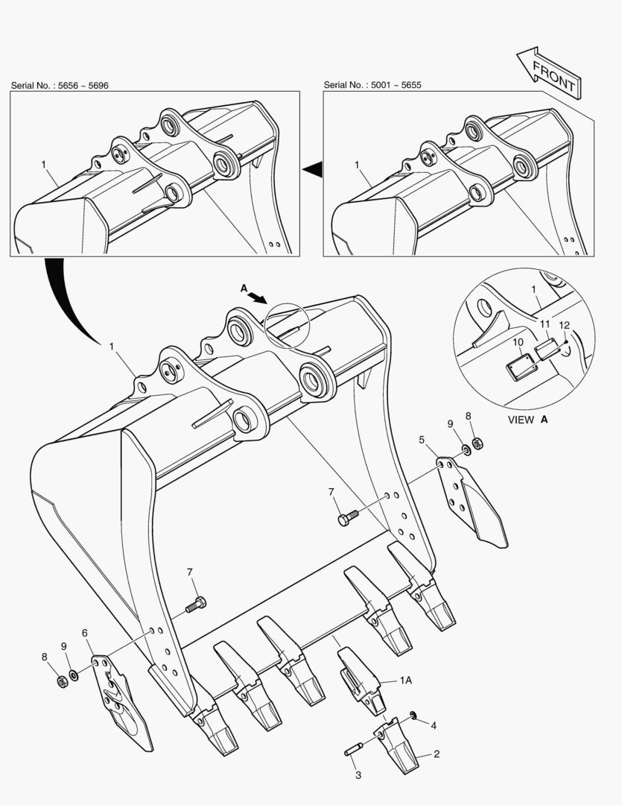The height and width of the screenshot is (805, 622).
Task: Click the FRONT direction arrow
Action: click(x=548, y=73)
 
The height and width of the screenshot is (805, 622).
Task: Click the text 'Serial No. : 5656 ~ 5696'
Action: click(x=60, y=86)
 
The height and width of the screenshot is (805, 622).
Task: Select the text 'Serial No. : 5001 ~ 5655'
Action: click(x=372, y=85)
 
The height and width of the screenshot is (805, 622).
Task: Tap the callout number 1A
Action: click(x=405, y=681)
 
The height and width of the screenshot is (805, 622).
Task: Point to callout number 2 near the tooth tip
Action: click(x=437, y=754)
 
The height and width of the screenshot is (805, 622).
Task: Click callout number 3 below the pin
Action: click(x=358, y=775)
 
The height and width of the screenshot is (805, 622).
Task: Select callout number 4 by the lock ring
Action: click(x=434, y=725)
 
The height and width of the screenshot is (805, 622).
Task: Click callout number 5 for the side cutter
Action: click(x=422, y=440)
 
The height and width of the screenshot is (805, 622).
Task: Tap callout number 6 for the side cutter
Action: click(x=85, y=633)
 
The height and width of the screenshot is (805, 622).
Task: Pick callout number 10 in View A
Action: click(x=518, y=342)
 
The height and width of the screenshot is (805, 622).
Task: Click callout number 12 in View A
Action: click(x=564, y=325)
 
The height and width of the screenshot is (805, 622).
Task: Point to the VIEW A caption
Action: click(x=528, y=420)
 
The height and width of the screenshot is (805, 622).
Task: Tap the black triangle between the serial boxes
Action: click(x=313, y=169)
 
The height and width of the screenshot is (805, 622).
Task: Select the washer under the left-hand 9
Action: click(x=74, y=674)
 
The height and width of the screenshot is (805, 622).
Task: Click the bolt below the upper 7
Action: click(x=349, y=517)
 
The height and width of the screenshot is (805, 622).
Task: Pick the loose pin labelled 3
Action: click(x=354, y=749)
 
